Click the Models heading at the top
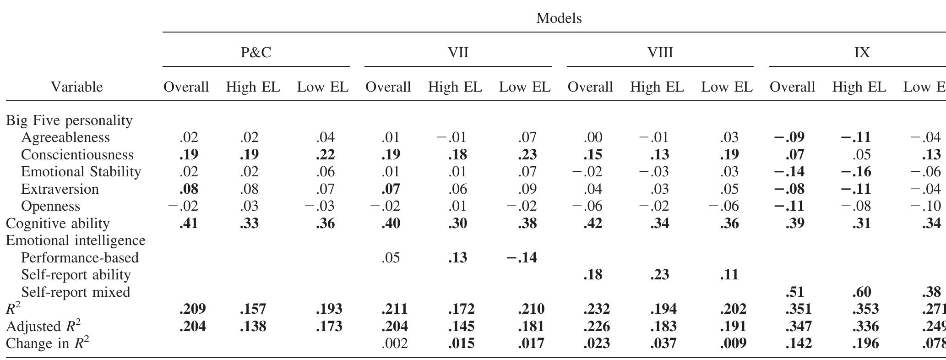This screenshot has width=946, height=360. pyautogui.click(x=559, y=18)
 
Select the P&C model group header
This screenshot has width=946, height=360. pyautogui.click(x=256, y=53)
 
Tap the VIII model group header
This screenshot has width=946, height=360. pyautogui.click(x=660, y=53)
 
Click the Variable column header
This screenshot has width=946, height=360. pyautogui.click(x=76, y=87)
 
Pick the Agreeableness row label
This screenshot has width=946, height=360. pyautogui.click(x=65, y=137)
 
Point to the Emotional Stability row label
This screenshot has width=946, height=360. pyautogui.click(x=81, y=172)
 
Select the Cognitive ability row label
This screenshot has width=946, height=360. pyautogui.click(x=58, y=224)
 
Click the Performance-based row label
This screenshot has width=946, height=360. pyautogui.click(x=80, y=258)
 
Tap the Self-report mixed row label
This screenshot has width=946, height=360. pyautogui.click(x=76, y=292)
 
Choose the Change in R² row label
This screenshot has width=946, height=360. pyautogui.click(x=47, y=344)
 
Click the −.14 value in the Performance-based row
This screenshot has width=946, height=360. pyautogui.click(x=522, y=258)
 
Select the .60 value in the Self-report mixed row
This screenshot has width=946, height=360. pyautogui.click(x=861, y=292)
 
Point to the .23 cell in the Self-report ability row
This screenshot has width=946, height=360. pyautogui.click(x=659, y=275)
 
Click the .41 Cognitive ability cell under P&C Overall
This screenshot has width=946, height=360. pyautogui.click(x=189, y=224)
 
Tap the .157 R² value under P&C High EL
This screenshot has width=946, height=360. pyautogui.click(x=253, y=309)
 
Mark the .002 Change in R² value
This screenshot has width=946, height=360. pyautogui.click(x=394, y=344)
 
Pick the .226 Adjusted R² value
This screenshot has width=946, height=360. pyautogui.click(x=597, y=327)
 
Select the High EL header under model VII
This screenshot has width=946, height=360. pyautogui.click(x=455, y=87)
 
